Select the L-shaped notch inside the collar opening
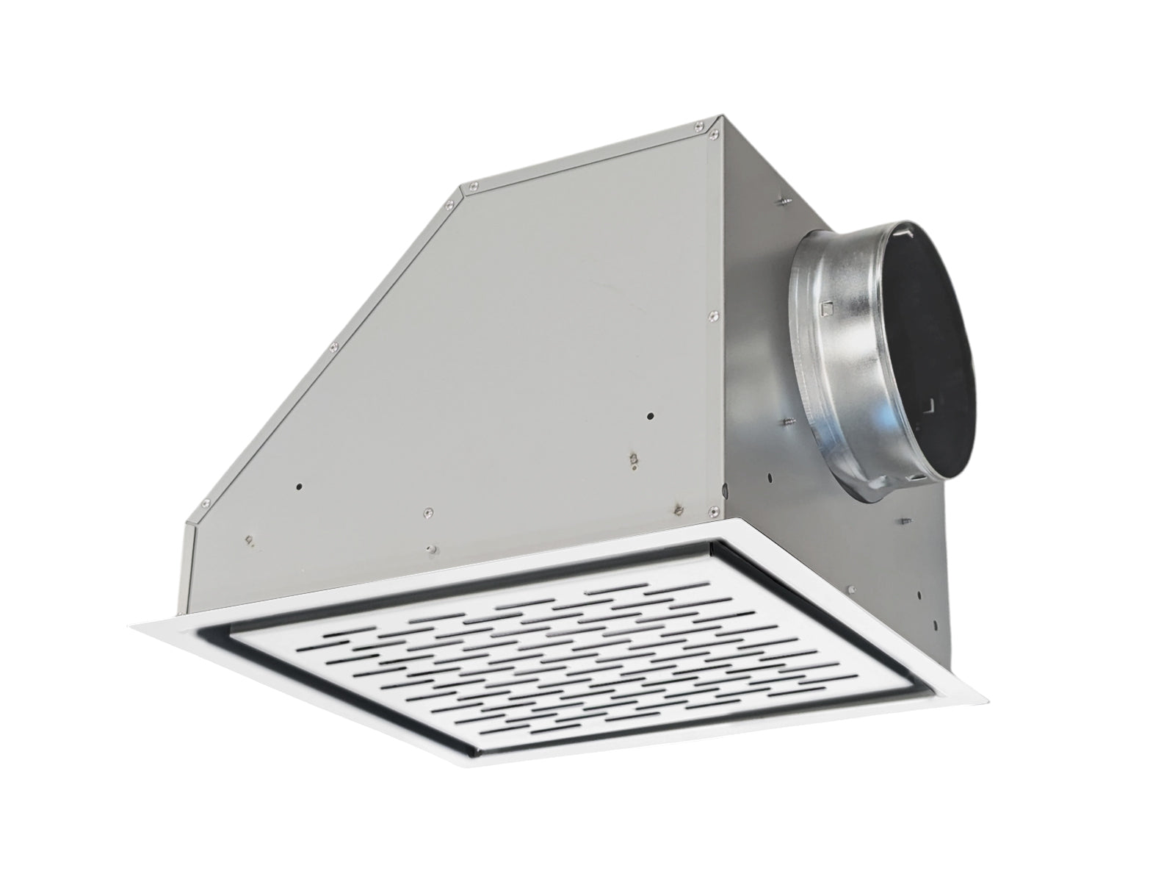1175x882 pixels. click(x=928, y=404)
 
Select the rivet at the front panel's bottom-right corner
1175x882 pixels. click(x=710, y=509)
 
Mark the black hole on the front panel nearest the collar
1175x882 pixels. click(x=649, y=417)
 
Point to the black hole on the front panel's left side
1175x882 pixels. click(x=299, y=486)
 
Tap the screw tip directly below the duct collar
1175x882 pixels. click(x=903, y=520)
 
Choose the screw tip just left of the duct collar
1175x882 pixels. click(x=787, y=422)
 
